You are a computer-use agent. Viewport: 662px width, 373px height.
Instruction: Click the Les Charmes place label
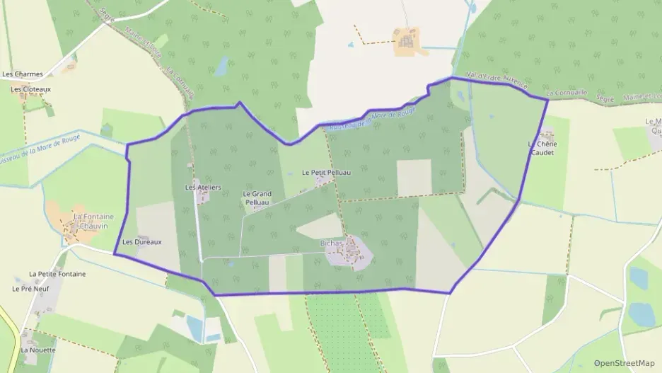point(23,74)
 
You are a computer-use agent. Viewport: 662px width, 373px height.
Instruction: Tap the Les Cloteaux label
point(30,89)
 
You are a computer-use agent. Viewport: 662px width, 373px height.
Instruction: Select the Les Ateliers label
point(203,187)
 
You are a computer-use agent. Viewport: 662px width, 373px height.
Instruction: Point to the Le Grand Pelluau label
point(257,197)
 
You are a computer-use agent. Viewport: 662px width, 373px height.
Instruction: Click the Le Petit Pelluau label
point(326,172)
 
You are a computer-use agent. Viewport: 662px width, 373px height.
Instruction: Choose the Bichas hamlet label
point(331,243)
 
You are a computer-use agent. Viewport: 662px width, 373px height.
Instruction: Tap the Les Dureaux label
point(141,241)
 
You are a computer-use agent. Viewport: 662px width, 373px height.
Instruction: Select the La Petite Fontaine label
point(57,273)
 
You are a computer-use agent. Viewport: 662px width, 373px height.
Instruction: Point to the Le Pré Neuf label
point(29,289)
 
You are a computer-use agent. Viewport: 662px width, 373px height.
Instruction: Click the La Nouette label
point(37,350)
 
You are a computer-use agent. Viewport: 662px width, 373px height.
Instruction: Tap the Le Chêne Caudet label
point(542,148)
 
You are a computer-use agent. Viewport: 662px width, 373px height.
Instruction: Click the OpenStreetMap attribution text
point(625,362)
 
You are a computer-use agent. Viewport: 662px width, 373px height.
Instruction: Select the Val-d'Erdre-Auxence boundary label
point(497,81)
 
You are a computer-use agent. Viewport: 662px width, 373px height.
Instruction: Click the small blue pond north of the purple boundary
point(222,67)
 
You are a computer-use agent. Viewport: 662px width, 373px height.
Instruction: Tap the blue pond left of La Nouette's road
point(194,326)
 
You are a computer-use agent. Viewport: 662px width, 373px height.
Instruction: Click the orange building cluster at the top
point(406,42)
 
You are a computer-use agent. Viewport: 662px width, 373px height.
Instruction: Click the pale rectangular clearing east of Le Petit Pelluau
point(414,177)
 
